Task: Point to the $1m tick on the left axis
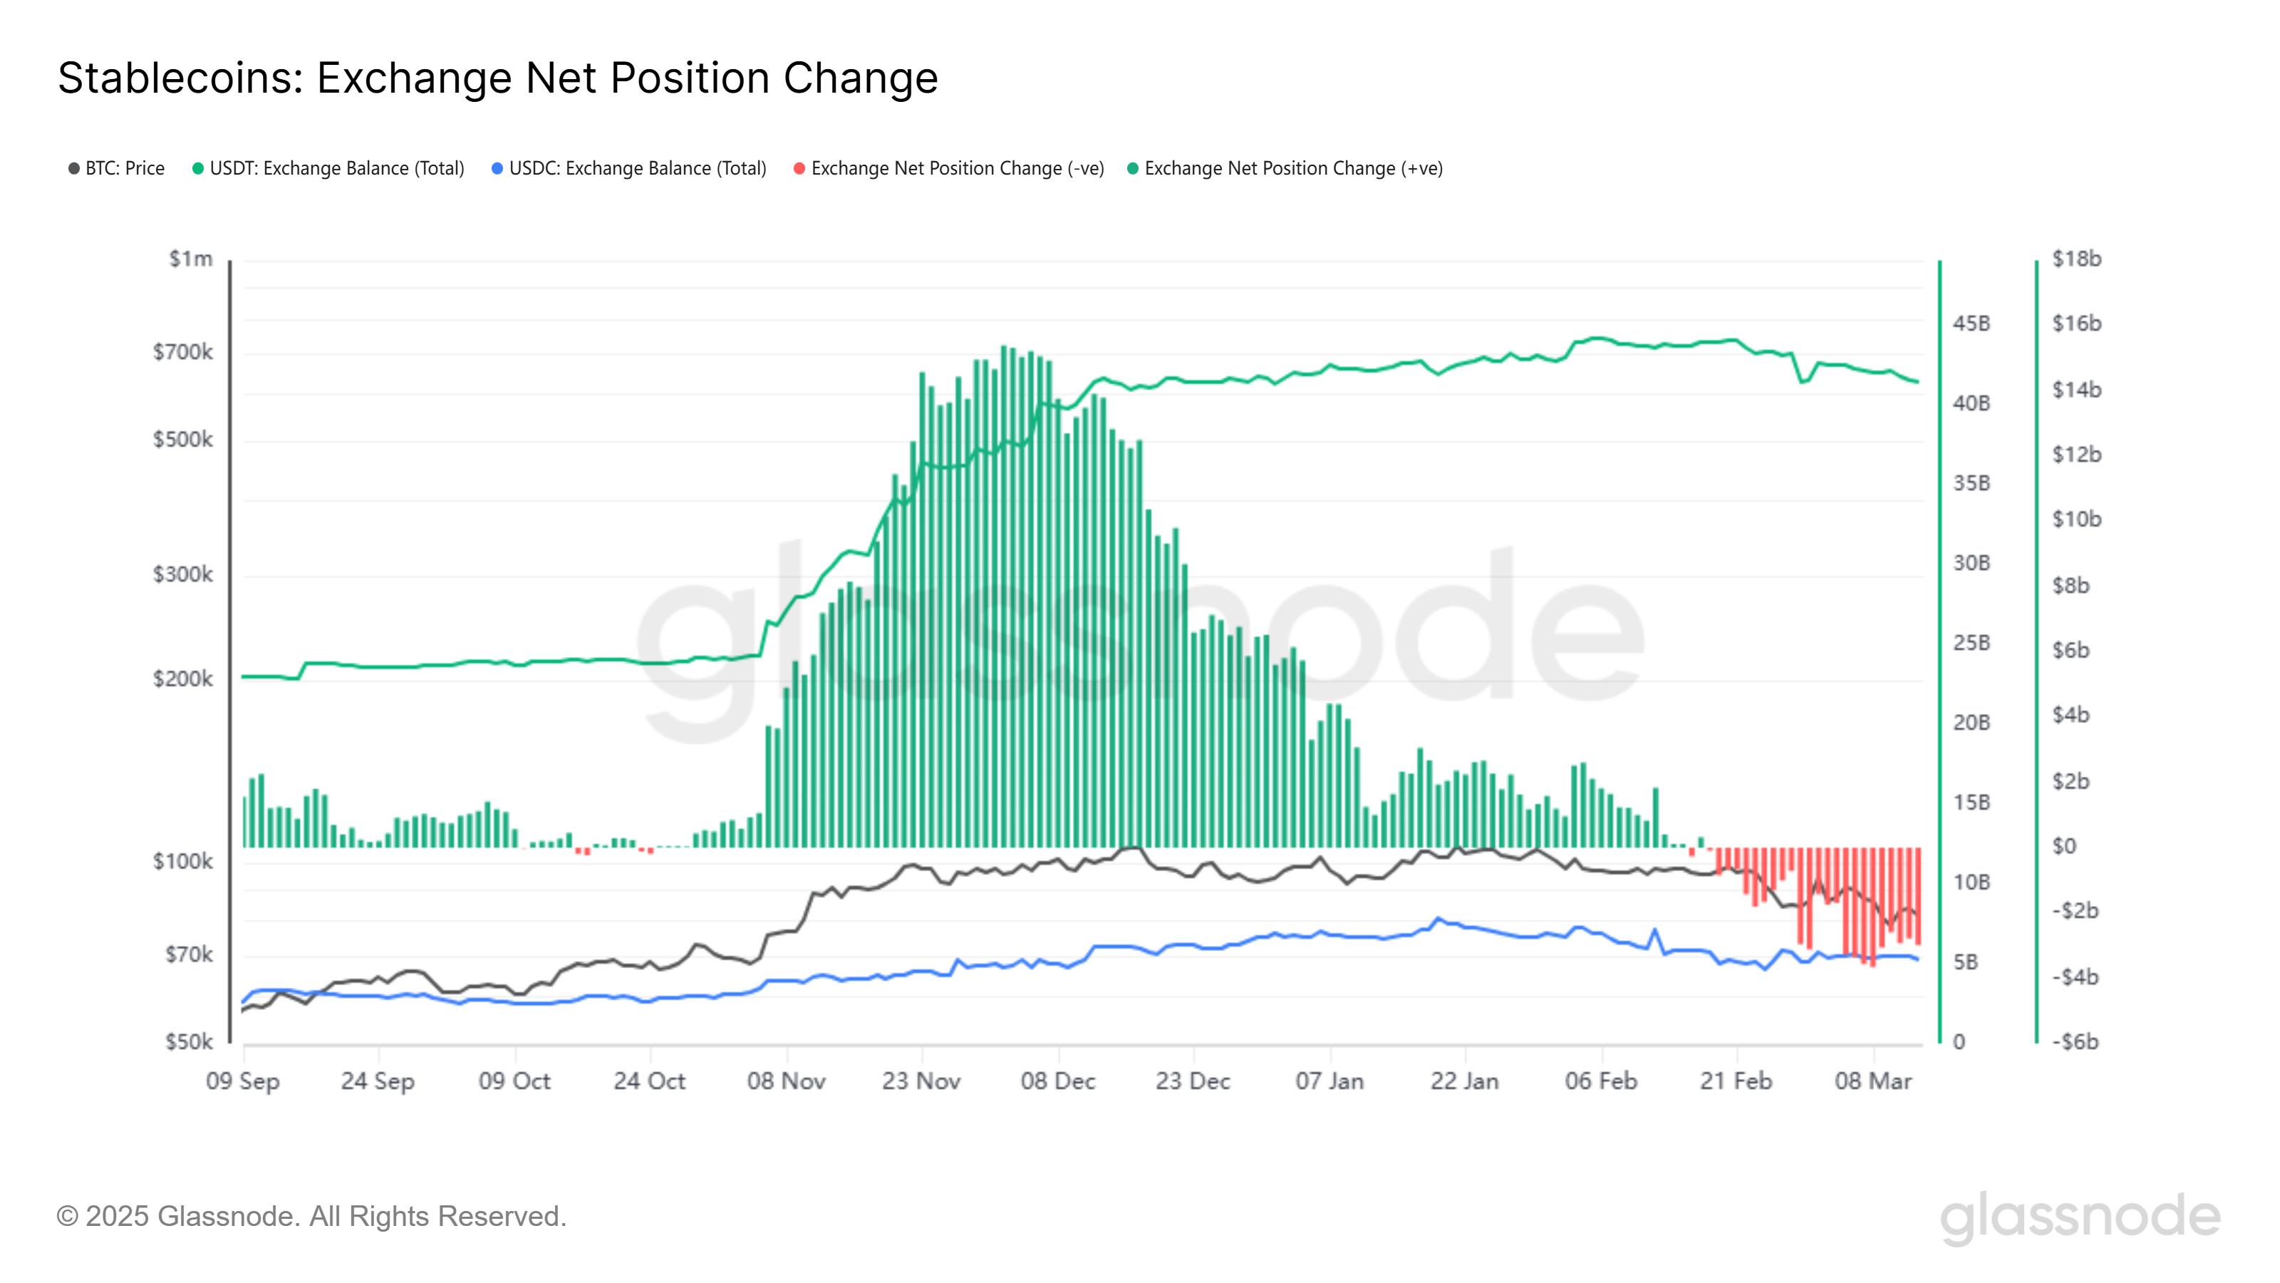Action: (191, 259)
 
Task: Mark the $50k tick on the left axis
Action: (189, 1042)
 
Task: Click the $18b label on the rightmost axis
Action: (2076, 259)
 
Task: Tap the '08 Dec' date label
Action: (1057, 1081)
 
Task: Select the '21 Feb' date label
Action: (1736, 1081)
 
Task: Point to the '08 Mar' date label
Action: (1873, 1081)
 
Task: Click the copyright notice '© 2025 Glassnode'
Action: (311, 1217)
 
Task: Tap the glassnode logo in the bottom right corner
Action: (2080, 1217)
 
